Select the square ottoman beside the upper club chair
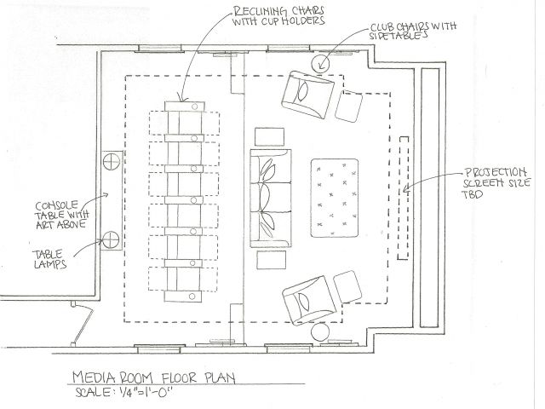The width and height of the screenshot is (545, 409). click(x=348, y=105)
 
